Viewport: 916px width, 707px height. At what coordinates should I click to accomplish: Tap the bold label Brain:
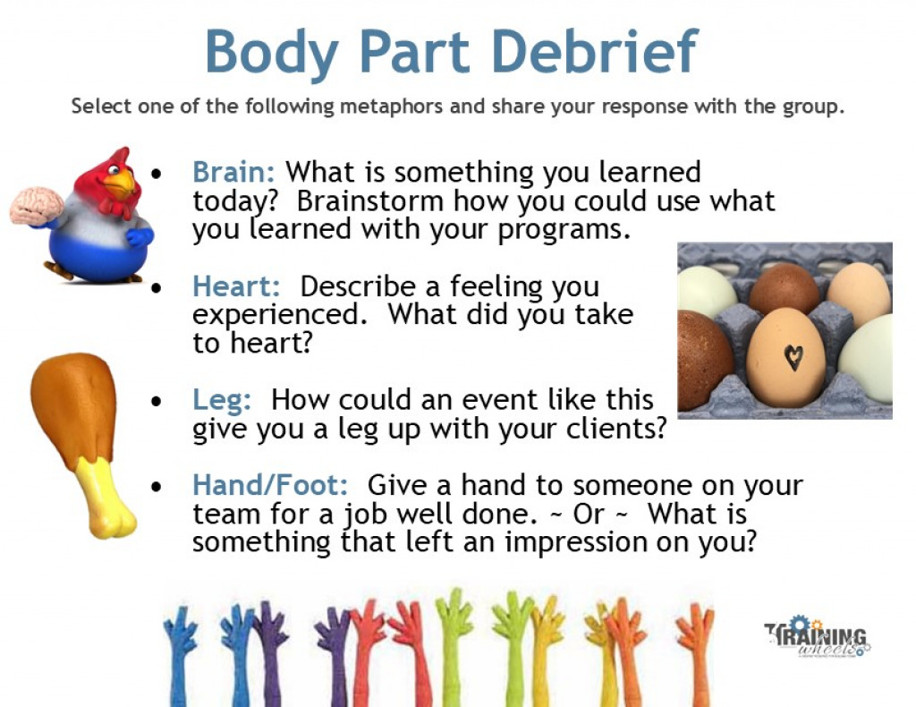(234, 172)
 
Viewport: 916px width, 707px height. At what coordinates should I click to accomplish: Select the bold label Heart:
(237, 286)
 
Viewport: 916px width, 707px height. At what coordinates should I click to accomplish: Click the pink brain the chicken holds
(36, 206)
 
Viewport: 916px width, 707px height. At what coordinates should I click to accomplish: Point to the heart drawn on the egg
(793, 357)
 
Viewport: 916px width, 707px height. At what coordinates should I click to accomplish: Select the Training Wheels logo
(817, 637)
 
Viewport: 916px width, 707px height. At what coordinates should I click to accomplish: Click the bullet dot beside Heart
(157, 288)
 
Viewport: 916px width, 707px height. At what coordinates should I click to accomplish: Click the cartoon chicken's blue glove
(139, 236)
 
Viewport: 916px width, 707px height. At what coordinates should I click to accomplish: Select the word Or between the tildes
(591, 515)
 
